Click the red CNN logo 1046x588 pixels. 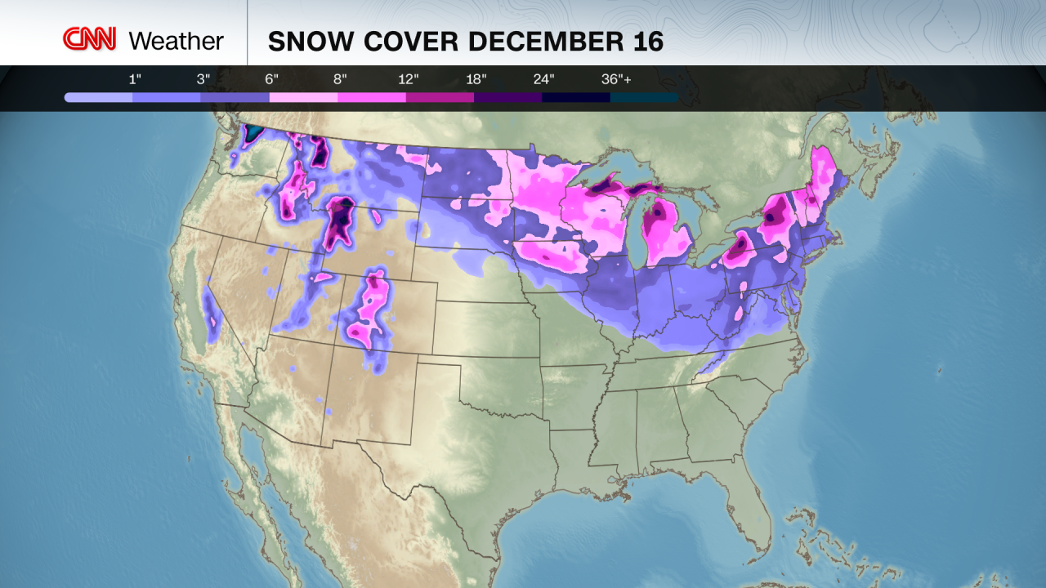(x=90, y=39)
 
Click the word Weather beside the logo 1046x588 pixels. (x=176, y=41)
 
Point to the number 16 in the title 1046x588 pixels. (x=648, y=42)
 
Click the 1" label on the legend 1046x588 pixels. (x=134, y=79)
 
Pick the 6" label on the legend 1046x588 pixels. (x=271, y=79)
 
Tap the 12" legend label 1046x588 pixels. (x=409, y=79)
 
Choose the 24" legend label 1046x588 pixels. (x=544, y=79)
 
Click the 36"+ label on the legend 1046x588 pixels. (x=617, y=79)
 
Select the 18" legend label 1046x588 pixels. (x=476, y=79)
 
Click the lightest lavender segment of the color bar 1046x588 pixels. (x=99, y=97)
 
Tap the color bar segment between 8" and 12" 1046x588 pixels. (x=372, y=97)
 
